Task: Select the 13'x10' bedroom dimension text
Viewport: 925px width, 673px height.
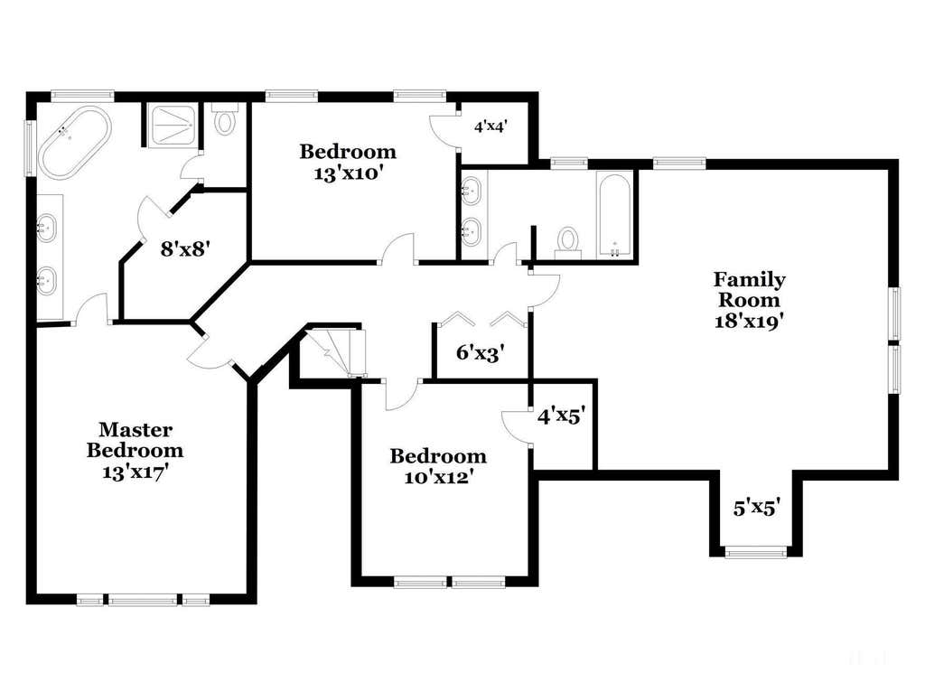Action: tap(349, 174)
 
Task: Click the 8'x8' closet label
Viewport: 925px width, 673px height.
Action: tap(186, 249)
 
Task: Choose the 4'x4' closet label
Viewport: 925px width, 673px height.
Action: tap(491, 126)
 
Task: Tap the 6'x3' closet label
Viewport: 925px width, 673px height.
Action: tap(481, 352)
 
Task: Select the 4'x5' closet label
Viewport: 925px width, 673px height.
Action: tap(561, 416)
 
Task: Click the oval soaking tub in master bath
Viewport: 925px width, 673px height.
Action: tap(74, 142)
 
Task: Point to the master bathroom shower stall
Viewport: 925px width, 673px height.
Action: tap(171, 126)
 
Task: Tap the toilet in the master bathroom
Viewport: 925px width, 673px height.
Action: tap(225, 118)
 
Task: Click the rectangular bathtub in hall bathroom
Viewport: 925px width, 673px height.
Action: tap(614, 215)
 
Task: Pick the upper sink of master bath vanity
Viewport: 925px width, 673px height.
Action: tap(46, 227)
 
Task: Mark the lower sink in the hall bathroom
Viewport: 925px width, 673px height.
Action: tap(472, 231)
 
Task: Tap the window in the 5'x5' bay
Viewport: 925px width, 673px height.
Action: tap(756, 552)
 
